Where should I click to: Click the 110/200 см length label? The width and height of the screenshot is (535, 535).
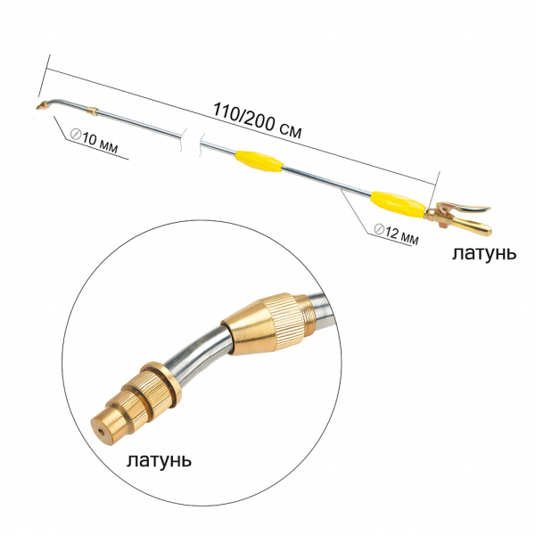258,120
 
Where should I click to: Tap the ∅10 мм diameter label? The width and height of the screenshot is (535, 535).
95,141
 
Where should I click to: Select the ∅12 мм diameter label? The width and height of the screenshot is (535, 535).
396,234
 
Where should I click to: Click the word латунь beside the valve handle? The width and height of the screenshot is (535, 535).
484,254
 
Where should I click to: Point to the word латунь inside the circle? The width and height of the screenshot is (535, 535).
159,461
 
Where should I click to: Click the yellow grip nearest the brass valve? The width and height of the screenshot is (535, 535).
399,204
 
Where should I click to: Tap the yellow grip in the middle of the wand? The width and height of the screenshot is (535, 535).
259,161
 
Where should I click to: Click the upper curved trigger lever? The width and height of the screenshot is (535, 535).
464,207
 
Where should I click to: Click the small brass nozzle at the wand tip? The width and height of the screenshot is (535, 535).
42,105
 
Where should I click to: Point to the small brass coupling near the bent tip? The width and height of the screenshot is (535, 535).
92,111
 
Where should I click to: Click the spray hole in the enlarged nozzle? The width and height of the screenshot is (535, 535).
102,432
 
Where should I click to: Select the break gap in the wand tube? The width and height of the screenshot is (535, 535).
193,143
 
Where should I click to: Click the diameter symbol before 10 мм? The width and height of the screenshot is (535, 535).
76,134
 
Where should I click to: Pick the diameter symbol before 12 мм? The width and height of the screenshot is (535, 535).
379,228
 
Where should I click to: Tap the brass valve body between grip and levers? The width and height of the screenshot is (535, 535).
438,216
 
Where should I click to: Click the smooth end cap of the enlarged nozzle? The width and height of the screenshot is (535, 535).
106,428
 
